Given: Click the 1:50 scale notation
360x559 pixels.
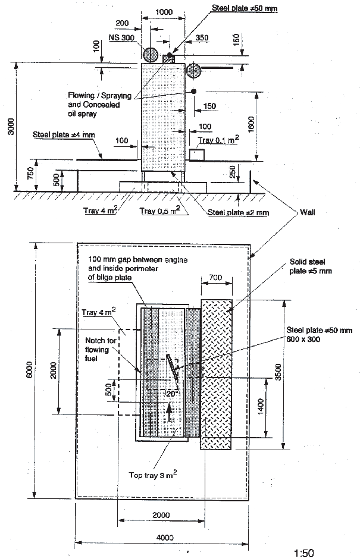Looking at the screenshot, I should pos(305,554).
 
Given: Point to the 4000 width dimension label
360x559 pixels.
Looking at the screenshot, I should pos(164,538).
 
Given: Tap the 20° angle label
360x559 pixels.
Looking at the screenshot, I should pos(172,393).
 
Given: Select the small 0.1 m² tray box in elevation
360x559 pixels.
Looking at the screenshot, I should pos(196,155).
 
